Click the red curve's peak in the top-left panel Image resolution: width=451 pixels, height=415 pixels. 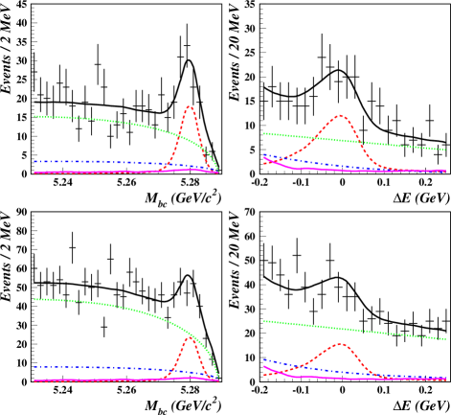tap(190, 106)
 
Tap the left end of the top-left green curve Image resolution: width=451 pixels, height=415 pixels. tap(34, 116)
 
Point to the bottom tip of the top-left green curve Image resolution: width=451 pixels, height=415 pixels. tap(218, 172)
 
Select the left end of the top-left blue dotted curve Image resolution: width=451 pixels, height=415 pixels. tap(34, 161)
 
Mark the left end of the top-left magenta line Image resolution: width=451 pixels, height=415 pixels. tap(34, 173)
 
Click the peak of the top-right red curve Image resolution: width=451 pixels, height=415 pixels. tap(340, 116)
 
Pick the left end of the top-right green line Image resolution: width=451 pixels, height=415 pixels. tap(264, 133)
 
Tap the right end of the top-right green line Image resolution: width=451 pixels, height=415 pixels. tap(445, 150)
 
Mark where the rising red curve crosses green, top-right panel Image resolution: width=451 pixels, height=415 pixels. tap(319, 138)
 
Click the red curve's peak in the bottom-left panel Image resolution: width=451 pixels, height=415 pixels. tap(190, 337)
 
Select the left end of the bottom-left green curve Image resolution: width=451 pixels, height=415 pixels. tap(34, 299)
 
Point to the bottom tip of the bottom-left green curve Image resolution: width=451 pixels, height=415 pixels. tap(218, 378)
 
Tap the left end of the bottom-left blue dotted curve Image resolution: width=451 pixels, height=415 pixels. tap(34, 366)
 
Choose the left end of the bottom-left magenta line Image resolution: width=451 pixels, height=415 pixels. tap(34, 380)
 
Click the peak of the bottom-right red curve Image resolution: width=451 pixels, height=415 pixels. tap(340, 344)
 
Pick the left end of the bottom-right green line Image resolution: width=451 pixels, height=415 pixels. tap(264, 321)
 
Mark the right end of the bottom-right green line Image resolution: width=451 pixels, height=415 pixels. tap(445, 339)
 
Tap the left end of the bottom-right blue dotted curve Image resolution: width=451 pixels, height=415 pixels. tap(264, 359)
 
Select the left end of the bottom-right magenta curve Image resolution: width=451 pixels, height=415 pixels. tap(264, 366)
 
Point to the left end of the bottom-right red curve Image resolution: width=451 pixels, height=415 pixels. tap(264, 375)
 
